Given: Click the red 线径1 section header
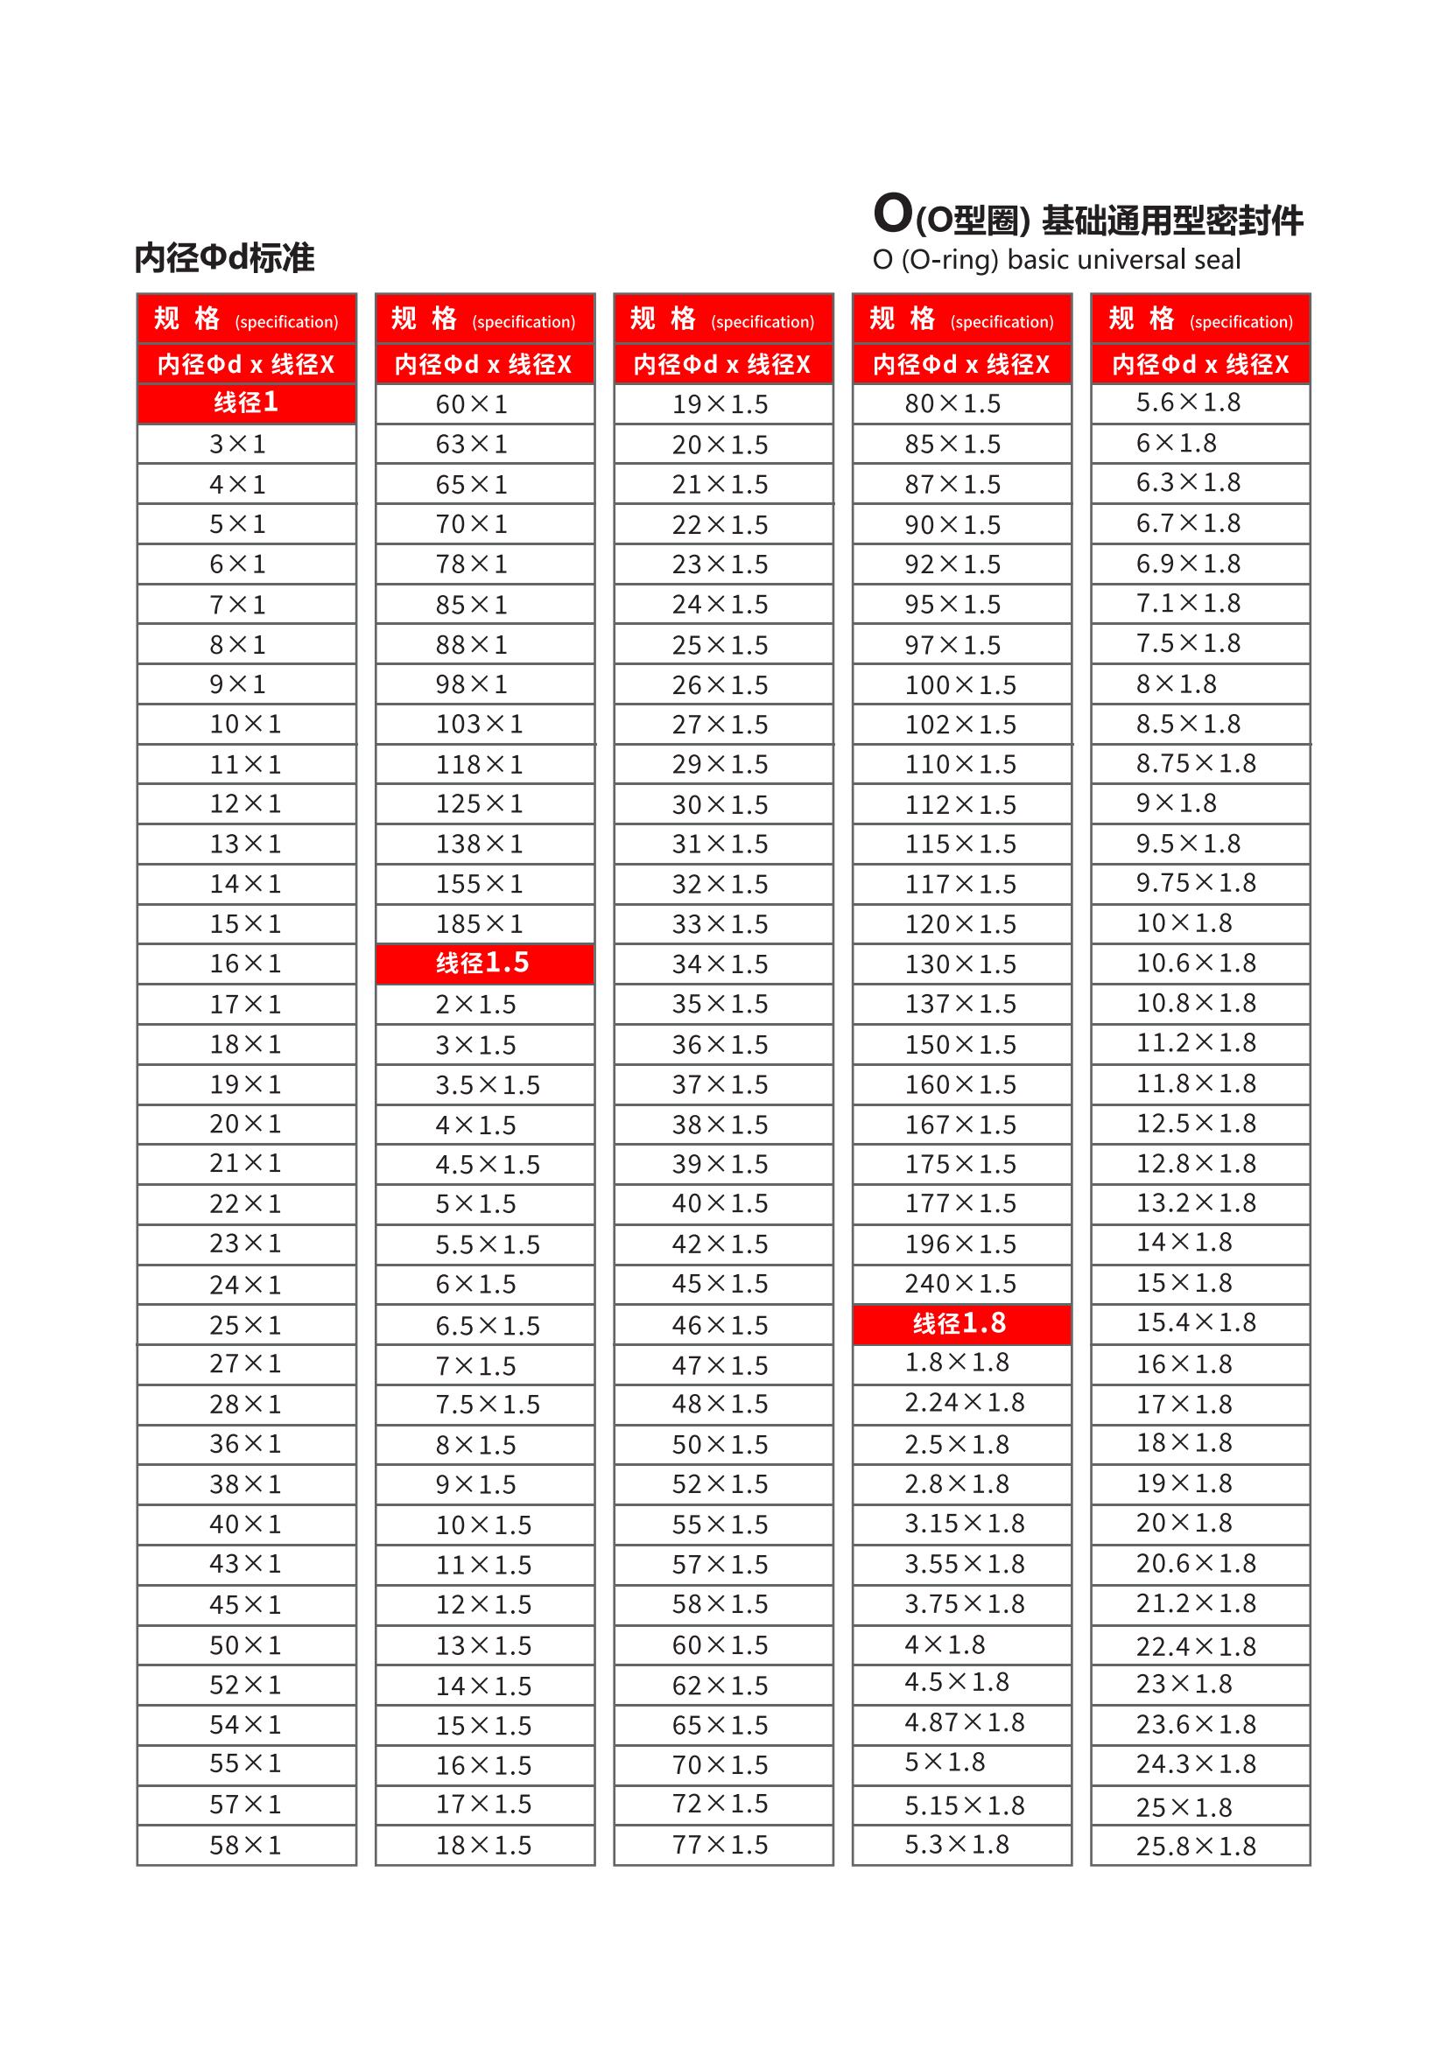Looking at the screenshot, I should pyautogui.click(x=246, y=403).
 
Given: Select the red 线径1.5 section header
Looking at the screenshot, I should pyautogui.click(x=484, y=963).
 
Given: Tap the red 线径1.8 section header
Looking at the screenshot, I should pyautogui.click(x=960, y=1324).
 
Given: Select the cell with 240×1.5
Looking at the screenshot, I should pyautogui.click(x=960, y=1284).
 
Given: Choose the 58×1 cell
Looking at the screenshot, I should pyautogui.click(x=245, y=1846).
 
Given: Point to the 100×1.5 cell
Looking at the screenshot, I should pyautogui.click(x=960, y=684).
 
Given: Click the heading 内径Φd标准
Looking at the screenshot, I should pyautogui.click(x=225, y=258).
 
